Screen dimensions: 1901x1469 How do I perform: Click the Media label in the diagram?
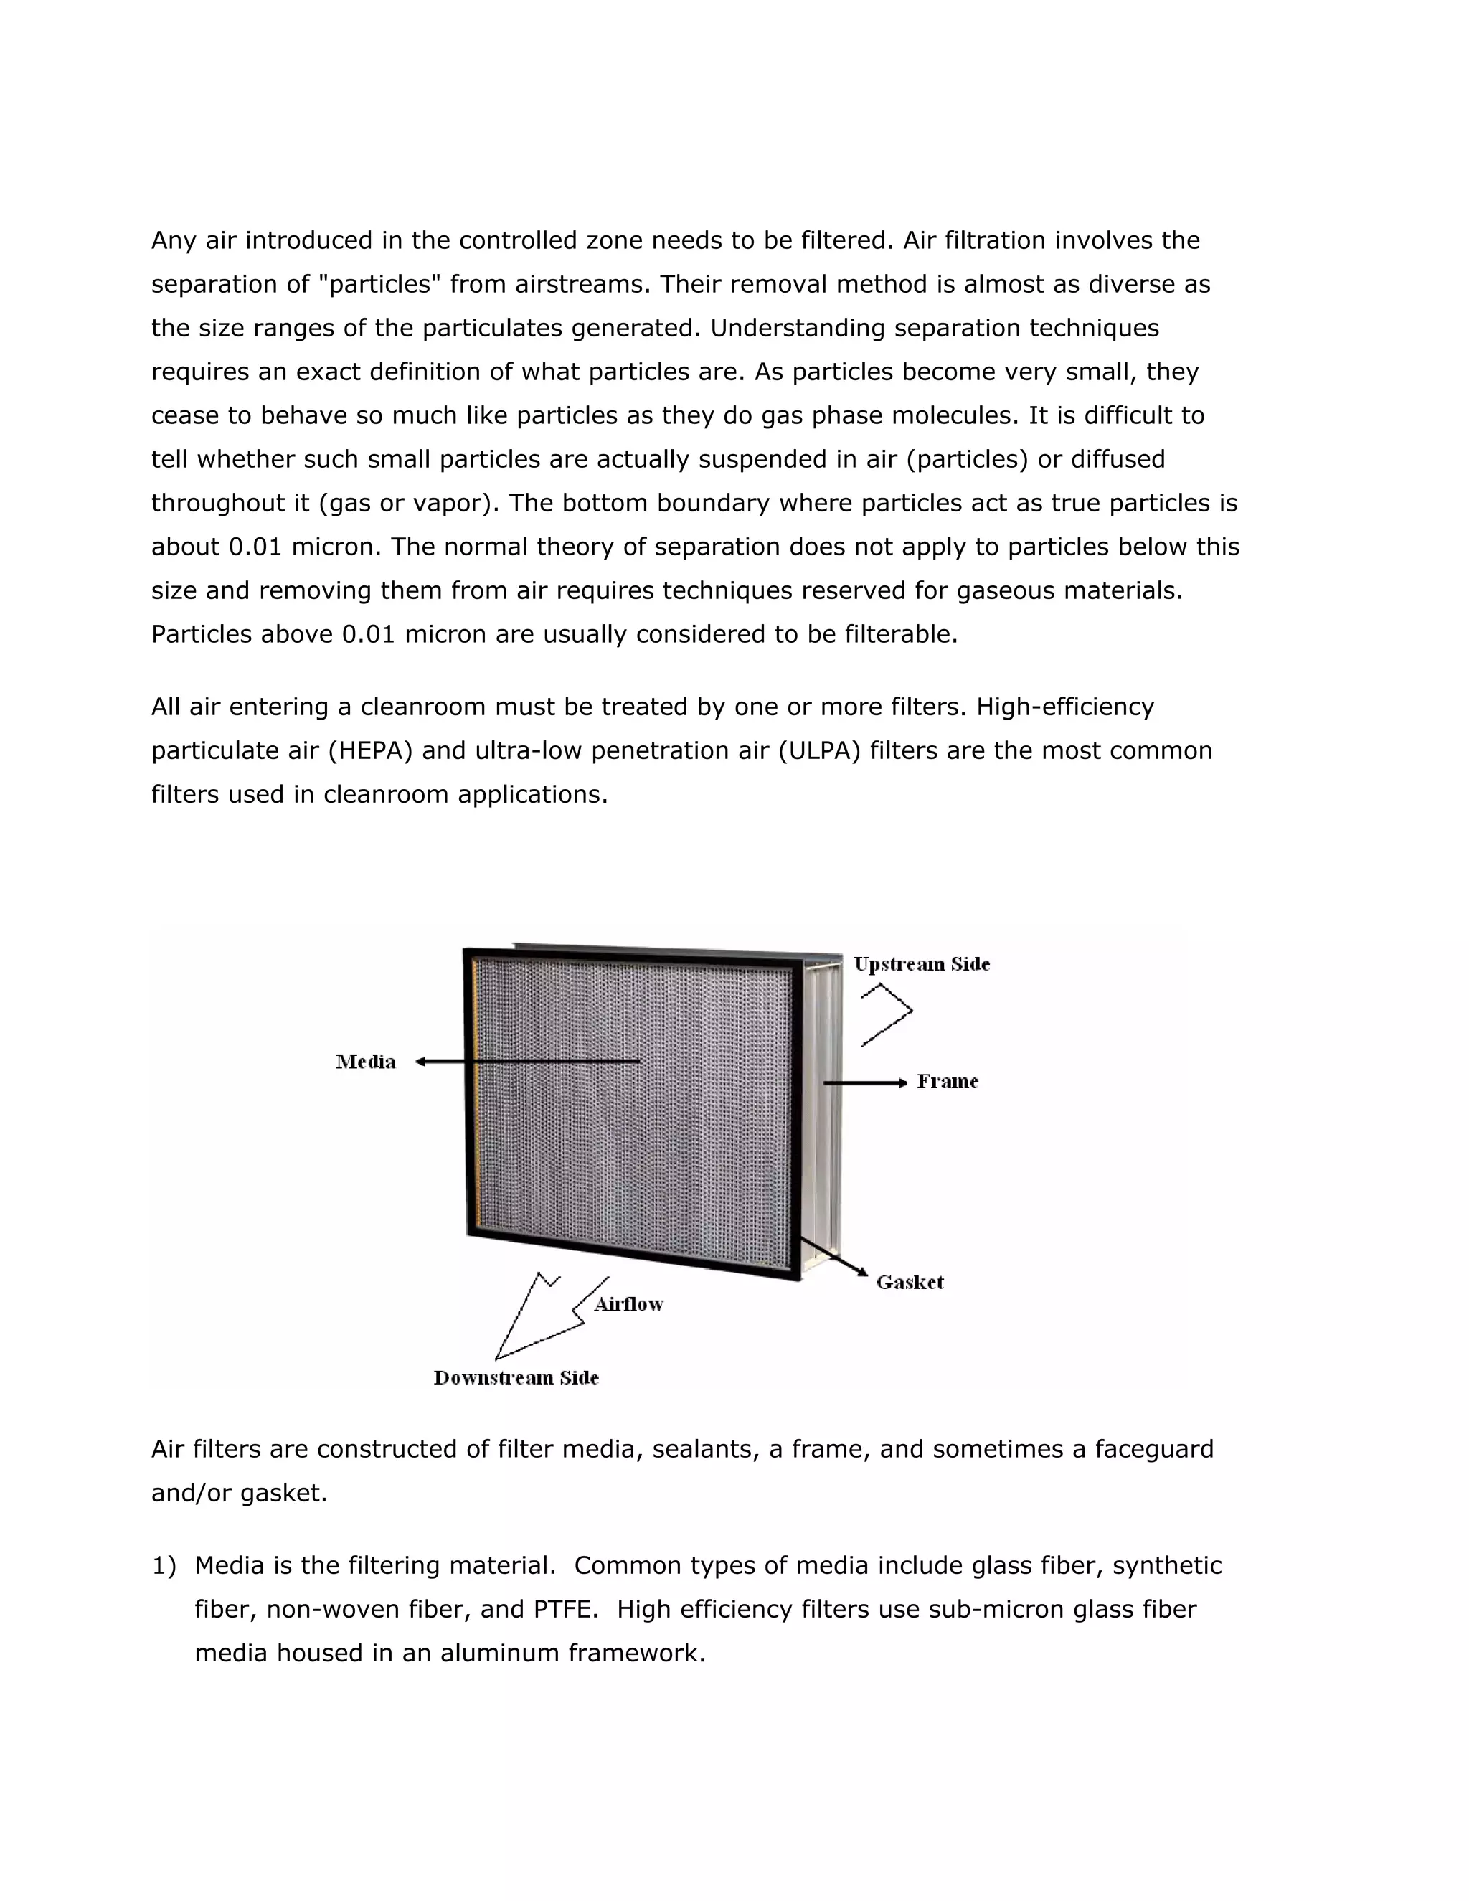tap(366, 1061)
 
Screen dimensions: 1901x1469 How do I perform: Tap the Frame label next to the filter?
tap(948, 1081)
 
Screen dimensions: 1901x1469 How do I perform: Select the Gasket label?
tap(910, 1282)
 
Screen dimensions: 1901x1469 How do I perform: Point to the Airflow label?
tap(628, 1304)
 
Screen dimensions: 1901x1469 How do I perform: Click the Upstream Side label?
tap(922, 963)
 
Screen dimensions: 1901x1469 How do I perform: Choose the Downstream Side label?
tap(516, 1377)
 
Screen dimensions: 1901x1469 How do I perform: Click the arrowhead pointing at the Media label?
tap(420, 1061)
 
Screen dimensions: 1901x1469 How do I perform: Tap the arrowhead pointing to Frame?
tap(902, 1082)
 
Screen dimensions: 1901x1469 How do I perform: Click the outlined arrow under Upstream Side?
tap(888, 1014)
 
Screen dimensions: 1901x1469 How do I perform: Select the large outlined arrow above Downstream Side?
tap(539, 1319)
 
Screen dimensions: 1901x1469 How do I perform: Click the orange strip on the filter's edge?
tap(475, 1097)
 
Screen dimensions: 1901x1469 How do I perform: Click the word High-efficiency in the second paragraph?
tap(1065, 707)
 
